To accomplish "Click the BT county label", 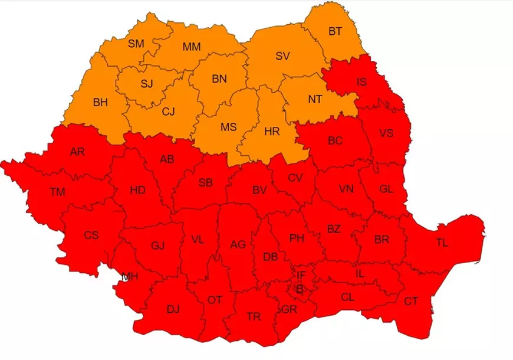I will tap(335, 32).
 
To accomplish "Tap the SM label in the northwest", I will tap(137, 43).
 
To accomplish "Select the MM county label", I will tap(192, 47).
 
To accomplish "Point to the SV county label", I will tap(283, 57).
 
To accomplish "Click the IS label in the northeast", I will tap(361, 82).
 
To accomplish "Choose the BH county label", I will tap(100, 102).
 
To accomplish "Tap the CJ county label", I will tap(168, 110).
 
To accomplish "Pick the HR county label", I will tap(272, 132).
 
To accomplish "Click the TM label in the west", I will tap(58, 191).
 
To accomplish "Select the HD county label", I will tap(137, 191).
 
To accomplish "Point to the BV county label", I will tap(259, 190).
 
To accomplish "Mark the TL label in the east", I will tap(442, 243).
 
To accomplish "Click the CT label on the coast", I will tap(411, 301).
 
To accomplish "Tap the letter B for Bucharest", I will tap(300, 289).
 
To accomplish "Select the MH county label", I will tap(130, 276).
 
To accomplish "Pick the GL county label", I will tap(386, 189).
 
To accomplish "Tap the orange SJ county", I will tap(147, 83).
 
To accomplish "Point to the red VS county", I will tap(386, 133).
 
